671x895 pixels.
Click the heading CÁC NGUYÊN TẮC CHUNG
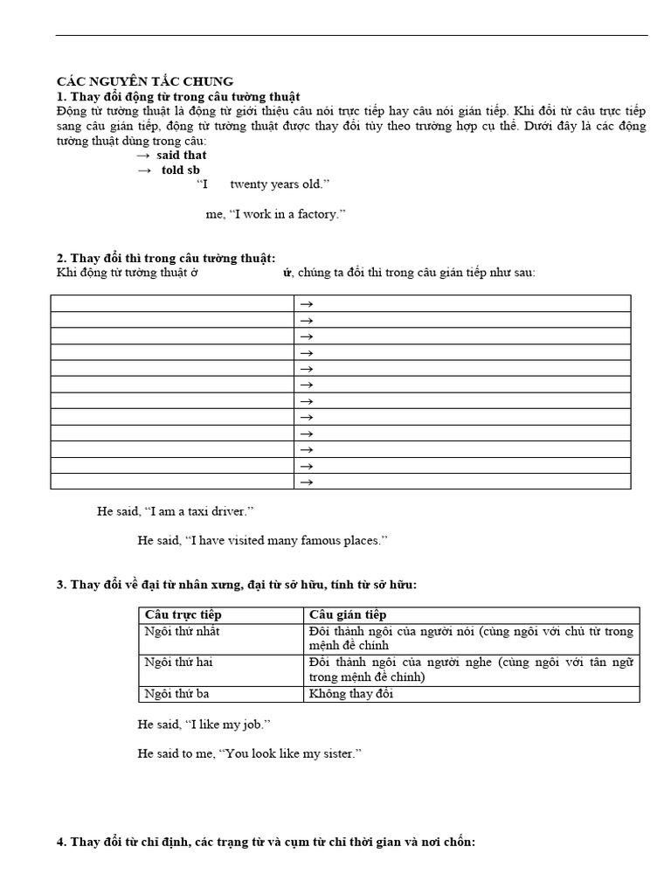click(145, 81)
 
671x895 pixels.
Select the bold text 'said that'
click(182, 155)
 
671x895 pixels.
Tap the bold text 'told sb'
click(181, 170)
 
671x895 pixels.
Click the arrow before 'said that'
click(143, 155)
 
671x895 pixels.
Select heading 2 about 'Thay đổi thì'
click(166, 258)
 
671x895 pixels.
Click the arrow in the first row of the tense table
click(306, 303)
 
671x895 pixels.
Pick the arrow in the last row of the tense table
click(306, 482)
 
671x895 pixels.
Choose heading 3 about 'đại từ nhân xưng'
click(236, 584)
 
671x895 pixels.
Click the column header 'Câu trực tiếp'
click(183, 615)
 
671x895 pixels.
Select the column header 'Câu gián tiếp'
click(348, 615)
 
